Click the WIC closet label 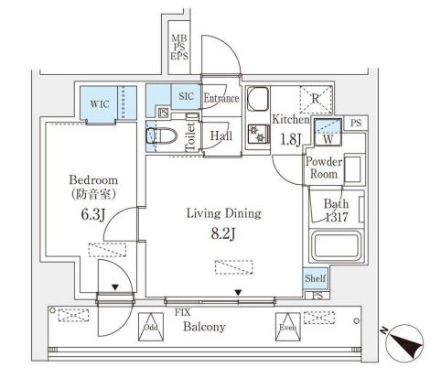(x=100, y=104)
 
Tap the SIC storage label (x=187, y=96)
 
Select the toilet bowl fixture (x=161, y=135)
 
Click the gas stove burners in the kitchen (x=258, y=134)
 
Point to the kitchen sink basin (x=258, y=99)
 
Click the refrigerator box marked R (x=316, y=100)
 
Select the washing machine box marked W (x=328, y=133)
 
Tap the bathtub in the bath (x=337, y=246)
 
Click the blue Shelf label (x=316, y=278)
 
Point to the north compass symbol (x=403, y=341)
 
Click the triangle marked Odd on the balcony (x=151, y=327)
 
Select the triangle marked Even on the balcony (x=288, y=327)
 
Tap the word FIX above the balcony (x=183, y=312)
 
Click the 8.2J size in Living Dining (x=223, y=234)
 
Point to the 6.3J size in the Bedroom (x=93, y=214)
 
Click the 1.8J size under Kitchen (x=291, y=139)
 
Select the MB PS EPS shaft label (x=179, y=48)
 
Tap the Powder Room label (x=324, y=167)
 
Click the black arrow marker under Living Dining (x=238, y=293)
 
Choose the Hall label (x=221, y=135)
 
